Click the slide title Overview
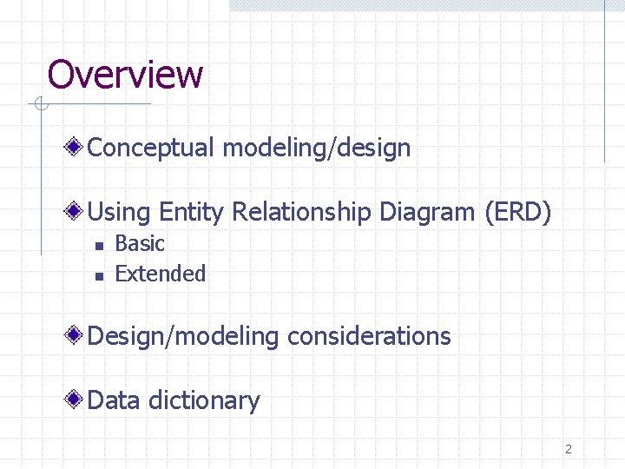point(125,75)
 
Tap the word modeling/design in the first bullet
point(316,148)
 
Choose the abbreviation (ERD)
point(517,211)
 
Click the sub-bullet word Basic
point(140,244)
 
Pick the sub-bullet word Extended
point(161,274)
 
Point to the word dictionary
point(204,400)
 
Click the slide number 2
point(569,449)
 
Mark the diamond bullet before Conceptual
point(77,147)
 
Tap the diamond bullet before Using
point(77,210)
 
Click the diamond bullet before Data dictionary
point(77,400)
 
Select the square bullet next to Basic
point(99,246)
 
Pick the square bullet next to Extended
point(99,275)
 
